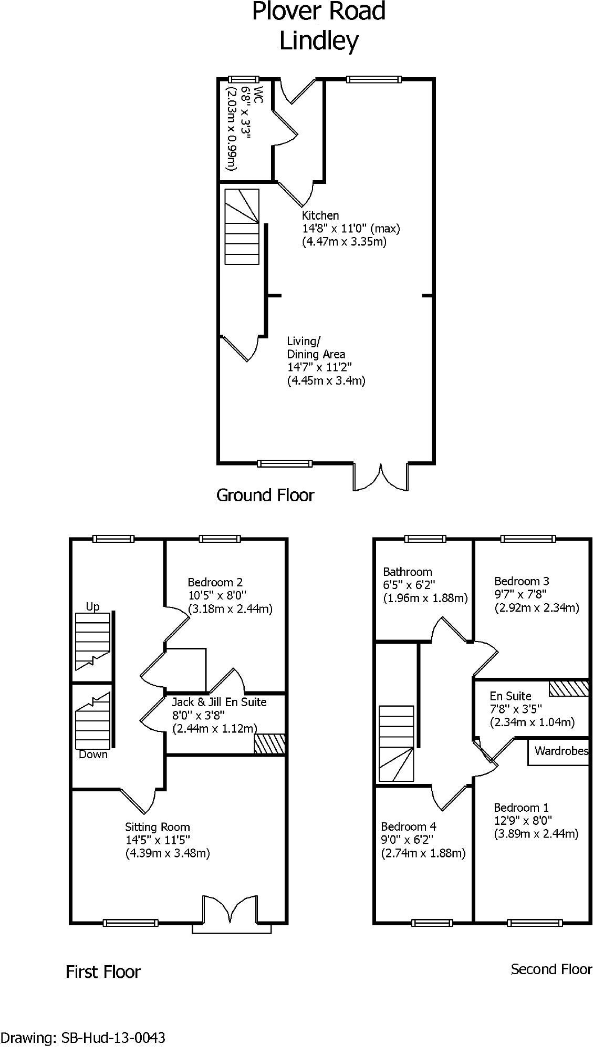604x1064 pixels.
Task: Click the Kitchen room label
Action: [320, 215]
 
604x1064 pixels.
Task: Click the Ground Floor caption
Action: [265, 495]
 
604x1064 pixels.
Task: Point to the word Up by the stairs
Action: [92, 607]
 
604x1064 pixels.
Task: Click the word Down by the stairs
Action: [93, 755]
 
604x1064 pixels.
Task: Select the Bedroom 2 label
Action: [215, 582]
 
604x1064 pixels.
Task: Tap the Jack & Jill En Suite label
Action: [219, 702]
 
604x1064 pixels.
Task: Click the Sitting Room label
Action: [157, 827]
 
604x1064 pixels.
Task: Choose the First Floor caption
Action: [103, 972]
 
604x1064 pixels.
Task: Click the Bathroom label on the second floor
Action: [407, 572]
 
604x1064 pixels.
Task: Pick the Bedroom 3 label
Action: [522, 581]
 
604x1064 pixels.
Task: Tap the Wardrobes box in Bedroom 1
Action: [560, 751]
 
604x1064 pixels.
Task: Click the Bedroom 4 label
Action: [408, 827]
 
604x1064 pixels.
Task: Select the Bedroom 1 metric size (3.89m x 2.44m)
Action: [536, 834]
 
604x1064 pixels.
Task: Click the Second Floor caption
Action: [551, 969]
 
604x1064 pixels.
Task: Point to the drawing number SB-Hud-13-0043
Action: [113, 1038]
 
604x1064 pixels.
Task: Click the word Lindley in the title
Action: [318, 41]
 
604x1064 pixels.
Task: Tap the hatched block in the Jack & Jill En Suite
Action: [269, 744]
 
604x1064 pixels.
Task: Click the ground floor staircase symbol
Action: [242, 226]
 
